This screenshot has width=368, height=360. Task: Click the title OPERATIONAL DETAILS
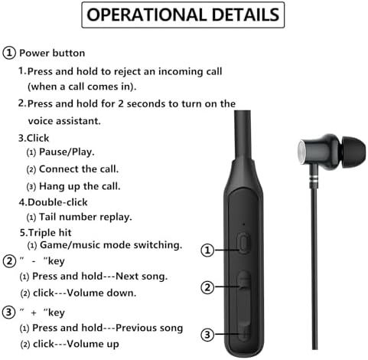(184, 15)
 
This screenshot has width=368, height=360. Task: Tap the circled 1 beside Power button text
(9, 53)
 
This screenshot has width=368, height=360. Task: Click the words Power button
(52, 53)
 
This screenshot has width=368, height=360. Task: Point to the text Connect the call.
(79, 169)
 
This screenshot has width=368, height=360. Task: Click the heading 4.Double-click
(54, 202)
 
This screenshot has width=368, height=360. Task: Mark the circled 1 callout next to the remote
(207, 250)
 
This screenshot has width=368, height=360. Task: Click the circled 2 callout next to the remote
(207, 288)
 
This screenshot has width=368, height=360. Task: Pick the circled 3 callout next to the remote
(207, 333)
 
